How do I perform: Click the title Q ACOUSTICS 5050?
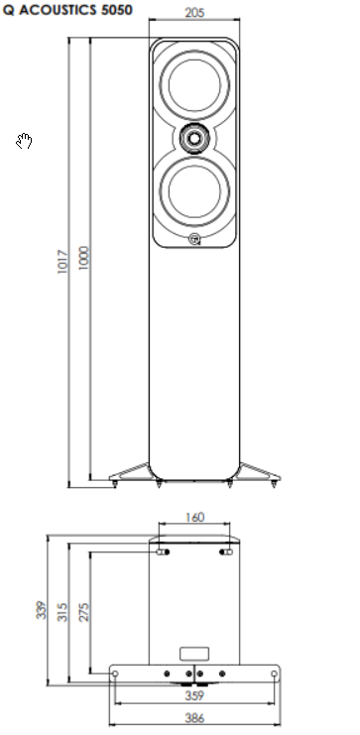pyautogui.click(x=67, y=10)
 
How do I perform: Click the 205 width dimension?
pyautogui.click(x=194, y=13)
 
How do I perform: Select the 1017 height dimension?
pyautogui.click(x=62, y=262)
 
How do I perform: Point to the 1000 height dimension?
pyautogui.click(x=83, y=258)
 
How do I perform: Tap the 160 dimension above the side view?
pyautogui.click(x=194, y=517)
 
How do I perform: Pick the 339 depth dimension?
pyautogui.click(x=42, y=610)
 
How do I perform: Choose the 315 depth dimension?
pyautogui.click(x=62, y=612)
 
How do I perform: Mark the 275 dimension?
pyautogui.click(x=83, y=612)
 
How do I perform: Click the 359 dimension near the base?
pyautogui.click(x=194, y=695)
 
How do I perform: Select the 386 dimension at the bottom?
pyautogui.click(x=194, y=718)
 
